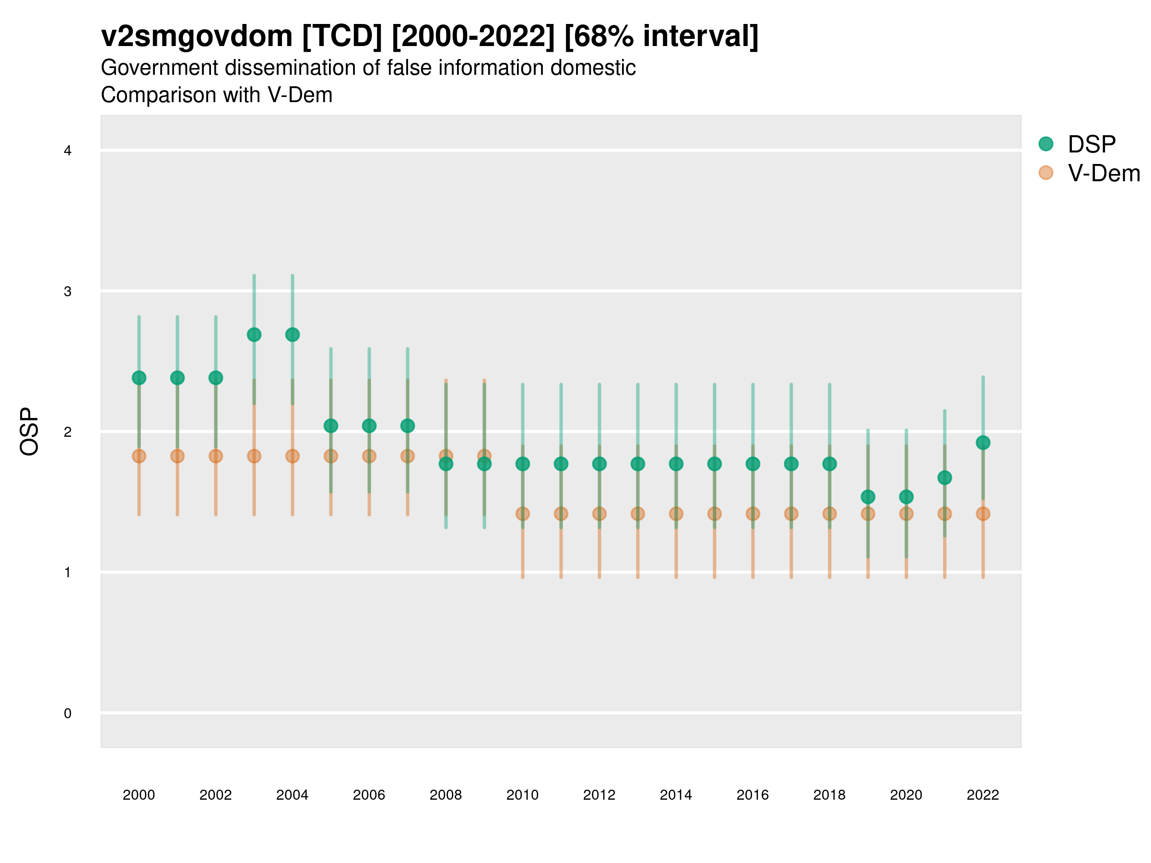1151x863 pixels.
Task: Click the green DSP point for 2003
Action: click(x=254, y=335)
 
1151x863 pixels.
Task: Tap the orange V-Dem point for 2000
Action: click(x=139, y=456)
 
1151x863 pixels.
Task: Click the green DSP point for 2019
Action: click(x=868, y=497)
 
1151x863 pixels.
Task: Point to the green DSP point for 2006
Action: click(x=369, y=426)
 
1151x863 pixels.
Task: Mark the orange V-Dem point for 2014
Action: click(x=676, y=514)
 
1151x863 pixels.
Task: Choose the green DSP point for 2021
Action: click(x=944, y=478)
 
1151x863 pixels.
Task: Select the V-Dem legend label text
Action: click(x=1104, y=173)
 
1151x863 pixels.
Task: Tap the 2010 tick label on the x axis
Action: click(x=522, y=795)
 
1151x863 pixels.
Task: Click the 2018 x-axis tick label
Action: click(x=829, y=795)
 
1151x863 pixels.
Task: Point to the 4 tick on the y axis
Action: click(x=68, y=151)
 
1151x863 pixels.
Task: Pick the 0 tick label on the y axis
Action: click(x=68, y=713)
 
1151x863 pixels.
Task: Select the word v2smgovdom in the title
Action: click(x=197, y=36)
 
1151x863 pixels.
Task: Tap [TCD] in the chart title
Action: click(x=342, y=36)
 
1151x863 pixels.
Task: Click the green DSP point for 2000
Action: click(x=139, y=378)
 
